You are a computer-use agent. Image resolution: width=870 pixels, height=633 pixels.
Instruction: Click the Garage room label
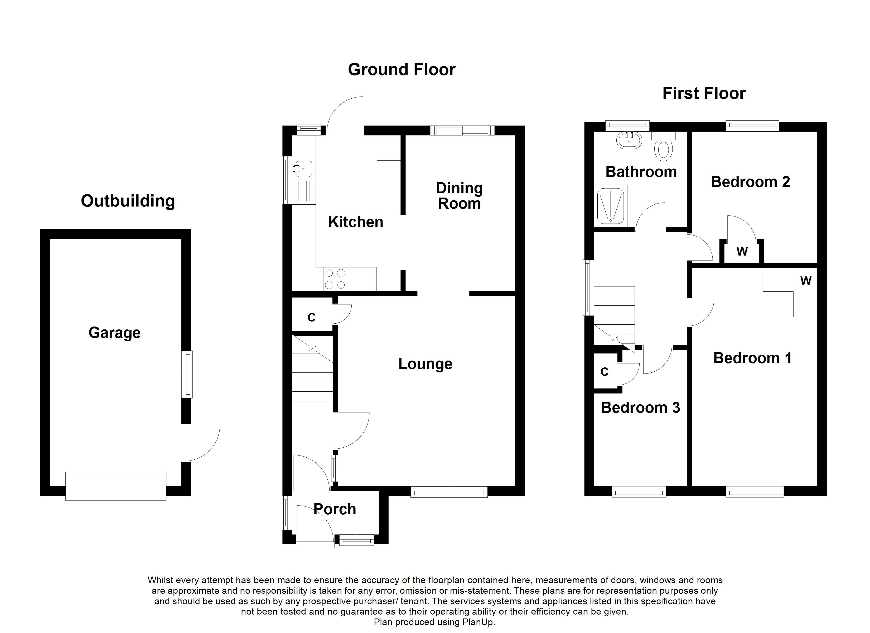[114, 333]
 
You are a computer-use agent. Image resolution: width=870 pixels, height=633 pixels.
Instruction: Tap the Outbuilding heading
[128, 201]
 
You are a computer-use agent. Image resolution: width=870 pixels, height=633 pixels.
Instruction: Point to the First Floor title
[704, 93]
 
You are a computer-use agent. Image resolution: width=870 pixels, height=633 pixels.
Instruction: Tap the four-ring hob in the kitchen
[335, 279]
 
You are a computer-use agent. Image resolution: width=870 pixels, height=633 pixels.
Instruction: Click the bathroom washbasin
[629, 141]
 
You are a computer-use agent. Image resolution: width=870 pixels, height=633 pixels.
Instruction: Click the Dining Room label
[460, 196]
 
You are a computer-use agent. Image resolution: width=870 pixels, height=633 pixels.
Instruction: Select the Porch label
[335, 509]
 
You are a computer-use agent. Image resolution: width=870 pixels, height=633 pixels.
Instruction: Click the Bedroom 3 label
[640, 408]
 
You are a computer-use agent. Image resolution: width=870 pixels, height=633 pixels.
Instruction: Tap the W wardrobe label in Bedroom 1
[806, 281]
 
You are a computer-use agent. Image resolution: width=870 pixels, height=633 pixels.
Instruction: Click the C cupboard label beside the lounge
[311, 318]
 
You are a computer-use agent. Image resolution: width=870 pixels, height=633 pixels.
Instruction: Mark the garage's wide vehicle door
[116, 486]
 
